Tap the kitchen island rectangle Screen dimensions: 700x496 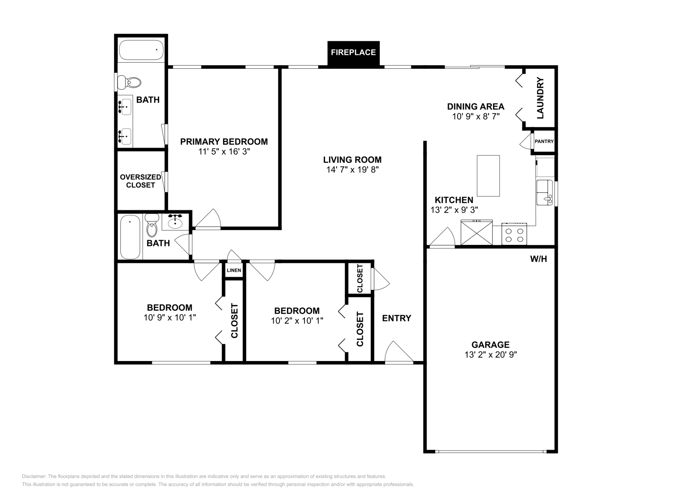pos(488,176)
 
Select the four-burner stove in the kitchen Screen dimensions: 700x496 pos(514,234)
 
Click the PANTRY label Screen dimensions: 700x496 pos(544,142)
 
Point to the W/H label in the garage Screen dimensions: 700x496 pos(539,259)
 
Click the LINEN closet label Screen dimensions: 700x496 pos(234,270)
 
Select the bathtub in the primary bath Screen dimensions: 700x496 pos(141,50)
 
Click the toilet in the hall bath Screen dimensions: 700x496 pos(152,225)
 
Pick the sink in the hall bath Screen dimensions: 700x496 pos(175,222)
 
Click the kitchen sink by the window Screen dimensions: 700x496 pos(544,192)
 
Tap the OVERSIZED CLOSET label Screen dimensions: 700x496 pos(140,181)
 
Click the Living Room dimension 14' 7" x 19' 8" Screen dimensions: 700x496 pos(353,170)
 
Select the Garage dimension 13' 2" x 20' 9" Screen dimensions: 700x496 pos(490,354)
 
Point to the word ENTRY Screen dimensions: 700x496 pos(396,318)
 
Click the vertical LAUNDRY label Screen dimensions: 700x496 pos(540,98)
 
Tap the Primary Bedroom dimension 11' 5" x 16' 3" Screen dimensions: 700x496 pos(224,152)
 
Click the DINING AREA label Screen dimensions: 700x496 pos(476,107)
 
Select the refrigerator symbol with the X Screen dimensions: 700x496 pos(476,233)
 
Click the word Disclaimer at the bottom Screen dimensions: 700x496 pos(34,477)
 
